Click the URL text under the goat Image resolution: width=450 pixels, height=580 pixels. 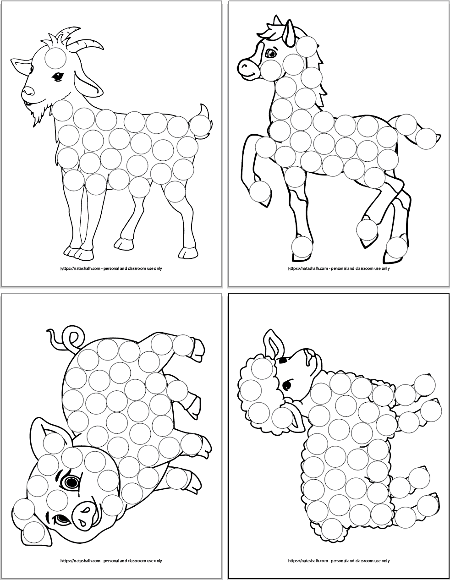tap(110, 268)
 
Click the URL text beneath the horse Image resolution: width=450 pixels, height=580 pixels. tap(339, 268)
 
